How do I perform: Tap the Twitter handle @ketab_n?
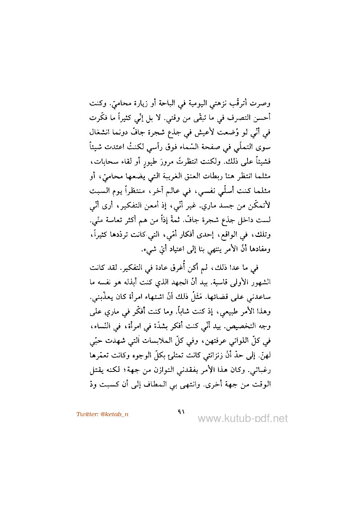102,414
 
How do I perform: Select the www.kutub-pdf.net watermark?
242,419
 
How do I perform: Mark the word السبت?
100,190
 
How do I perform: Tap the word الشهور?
261,282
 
